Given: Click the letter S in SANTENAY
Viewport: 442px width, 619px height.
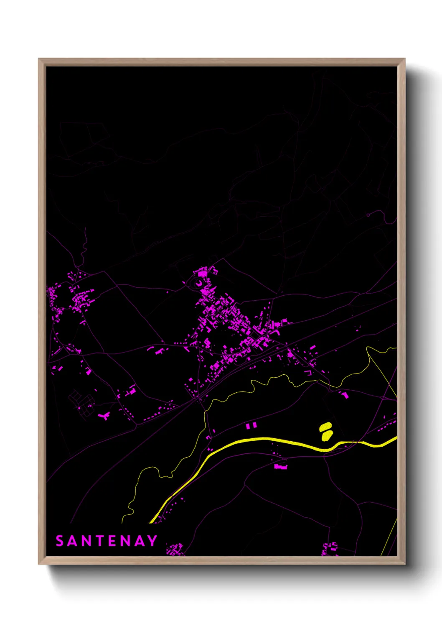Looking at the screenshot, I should (x=59, y=541).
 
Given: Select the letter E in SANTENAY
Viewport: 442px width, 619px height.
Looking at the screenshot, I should (x=112, y=541).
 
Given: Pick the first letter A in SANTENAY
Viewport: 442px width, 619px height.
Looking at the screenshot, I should (x=72, y=541).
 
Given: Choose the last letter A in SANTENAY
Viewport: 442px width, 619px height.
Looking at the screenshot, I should (x=140, y=541).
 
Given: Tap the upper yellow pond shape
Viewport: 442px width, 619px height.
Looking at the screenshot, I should (x=325, y=427).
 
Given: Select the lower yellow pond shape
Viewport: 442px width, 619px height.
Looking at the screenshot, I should (x=327, y=435).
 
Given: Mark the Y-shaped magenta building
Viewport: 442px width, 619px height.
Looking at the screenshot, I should (x=104, y=415).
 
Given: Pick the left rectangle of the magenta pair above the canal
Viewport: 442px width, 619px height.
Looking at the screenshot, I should (x=248, y=426).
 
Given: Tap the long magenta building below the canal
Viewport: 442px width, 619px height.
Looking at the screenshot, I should (x=280, y=466).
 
